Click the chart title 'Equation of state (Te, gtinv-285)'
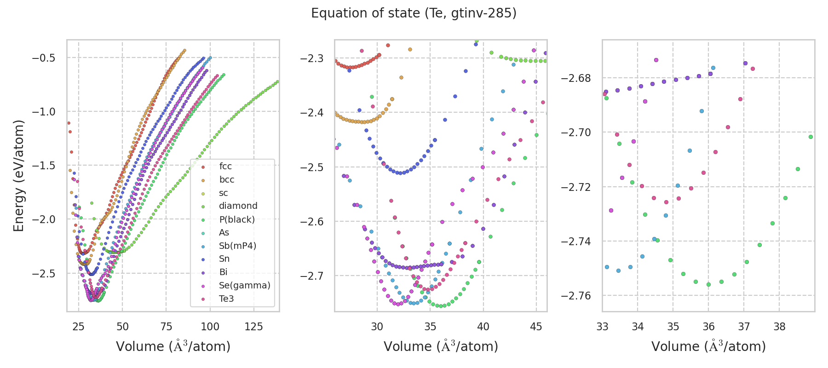pyautogui.click(x=414, y=13)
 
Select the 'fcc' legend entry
pyautogui.click(x=225, y=167)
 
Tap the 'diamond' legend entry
pyautogui.click(x=238, y=206)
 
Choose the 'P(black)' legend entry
pyautogui.click(x=236, y=219)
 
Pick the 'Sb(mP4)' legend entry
pyautogui.click(x=237, y=246)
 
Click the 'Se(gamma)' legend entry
pyautogui.click(x=244, y=286)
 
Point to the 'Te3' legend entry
pyautogui.click(x=226, y=299)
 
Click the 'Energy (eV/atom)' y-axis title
pyautogui.click(x=19, y=176)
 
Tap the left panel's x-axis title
pyautogui.click(x=173, y=346)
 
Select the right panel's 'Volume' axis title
pyautogui.click(x=708, y=346)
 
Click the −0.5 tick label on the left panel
pyautogui.click(x=43, y=58)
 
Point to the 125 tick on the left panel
pyautogui.click(x=253, y=327)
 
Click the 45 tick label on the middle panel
pyautogui.click(x=536, y=327)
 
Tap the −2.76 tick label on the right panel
pyautogui.click(x=576, y=296)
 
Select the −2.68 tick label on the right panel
pyautogui.click(x=576, y=78)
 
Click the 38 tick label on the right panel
pyautogui.click(x=779, y=327)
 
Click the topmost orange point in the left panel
pyautogui.click(x=184, y=51)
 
